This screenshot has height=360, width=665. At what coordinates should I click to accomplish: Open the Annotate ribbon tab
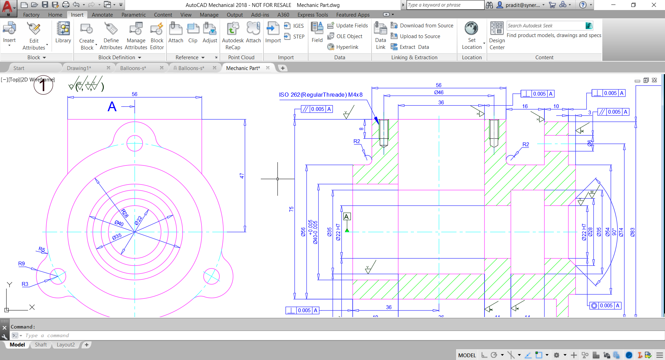tap(102, 15)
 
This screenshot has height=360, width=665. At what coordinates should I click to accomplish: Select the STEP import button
tap(294, 36)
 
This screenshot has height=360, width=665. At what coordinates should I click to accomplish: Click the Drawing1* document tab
tap(79, 68)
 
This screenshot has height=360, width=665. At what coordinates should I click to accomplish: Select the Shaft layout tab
tap(41, 344)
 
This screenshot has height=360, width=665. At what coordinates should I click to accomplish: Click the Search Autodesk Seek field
tap(545, 26)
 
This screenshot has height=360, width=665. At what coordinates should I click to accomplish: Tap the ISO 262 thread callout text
tap(321, 95)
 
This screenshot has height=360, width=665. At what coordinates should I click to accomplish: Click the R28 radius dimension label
tap(125, 213)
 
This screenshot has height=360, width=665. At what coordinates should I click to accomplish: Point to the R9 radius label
tap(21, 263)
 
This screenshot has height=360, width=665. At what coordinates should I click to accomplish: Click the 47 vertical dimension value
tap(242, 176)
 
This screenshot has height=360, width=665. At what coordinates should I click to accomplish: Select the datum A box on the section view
tap(346, 217)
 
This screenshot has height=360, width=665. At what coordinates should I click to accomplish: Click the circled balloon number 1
tap(43, 85)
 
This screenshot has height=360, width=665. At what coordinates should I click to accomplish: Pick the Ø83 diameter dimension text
tap(632, 232)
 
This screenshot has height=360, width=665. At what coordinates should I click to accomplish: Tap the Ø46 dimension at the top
tap(439, 92)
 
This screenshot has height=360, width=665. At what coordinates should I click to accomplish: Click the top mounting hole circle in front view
tap(135, 143)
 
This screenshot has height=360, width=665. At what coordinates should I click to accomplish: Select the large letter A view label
tap(112, 106)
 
